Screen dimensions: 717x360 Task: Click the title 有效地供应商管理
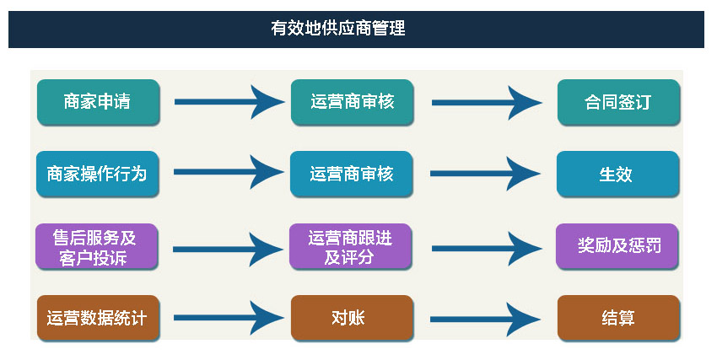tap(338, 29)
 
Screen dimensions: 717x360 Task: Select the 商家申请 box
tap(99, 102)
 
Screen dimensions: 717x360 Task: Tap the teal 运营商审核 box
tap(352, 102)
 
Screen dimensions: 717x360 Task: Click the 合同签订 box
tap(618, 102)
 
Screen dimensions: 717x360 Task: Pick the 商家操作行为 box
tap(97, 174)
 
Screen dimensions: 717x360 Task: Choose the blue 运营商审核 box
tap(351, 174)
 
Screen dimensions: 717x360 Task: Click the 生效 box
tap(617, 174)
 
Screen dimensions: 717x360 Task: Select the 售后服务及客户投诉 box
tap(96, 247)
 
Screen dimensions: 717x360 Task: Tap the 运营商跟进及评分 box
tap(350, 247)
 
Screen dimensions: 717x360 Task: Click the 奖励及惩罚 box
tap(617, 247)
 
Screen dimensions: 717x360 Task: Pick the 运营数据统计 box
tap(99, 318)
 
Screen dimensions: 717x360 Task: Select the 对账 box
tap(352, 318)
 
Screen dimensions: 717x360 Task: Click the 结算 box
tap(618, 318)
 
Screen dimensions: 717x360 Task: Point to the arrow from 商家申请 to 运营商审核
tap(229, 102)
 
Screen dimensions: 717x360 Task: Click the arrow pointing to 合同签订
tap(487, 103)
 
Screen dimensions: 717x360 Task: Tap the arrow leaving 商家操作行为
tap(229, 172)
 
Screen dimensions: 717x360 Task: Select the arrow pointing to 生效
tap(485, 174)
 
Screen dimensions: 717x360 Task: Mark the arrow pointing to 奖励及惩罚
tap(487, 249)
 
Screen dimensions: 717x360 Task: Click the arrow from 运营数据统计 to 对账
tap(229, 318)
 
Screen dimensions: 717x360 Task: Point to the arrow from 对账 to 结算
tap(485, 320)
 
